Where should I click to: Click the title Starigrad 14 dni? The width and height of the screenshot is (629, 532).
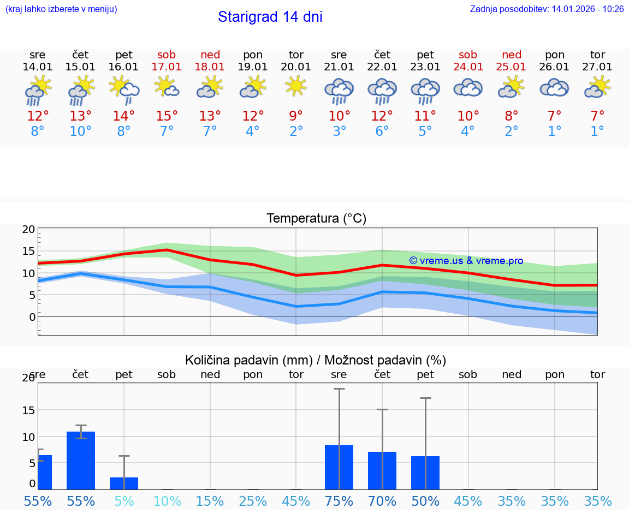pos(270,17)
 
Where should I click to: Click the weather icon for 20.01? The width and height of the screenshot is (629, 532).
pos(296,86)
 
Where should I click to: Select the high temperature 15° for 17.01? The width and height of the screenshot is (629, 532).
pos(167,116)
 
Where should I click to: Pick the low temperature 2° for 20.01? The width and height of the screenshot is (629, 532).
pos(296,131)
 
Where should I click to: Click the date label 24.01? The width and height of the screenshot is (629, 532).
pos(468,67)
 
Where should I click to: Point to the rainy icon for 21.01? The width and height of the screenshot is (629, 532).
pos(339,90)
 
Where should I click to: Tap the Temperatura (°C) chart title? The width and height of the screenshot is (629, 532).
pos(316,219)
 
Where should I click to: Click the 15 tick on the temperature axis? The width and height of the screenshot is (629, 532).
pos(28,252)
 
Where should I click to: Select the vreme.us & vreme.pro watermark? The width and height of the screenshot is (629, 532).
pos(466,261)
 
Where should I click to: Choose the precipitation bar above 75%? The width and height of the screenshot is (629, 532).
pos(339,467)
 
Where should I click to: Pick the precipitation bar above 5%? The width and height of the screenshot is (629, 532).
pos(124,483)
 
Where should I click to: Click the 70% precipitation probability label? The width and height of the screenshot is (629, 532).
pos(382,501)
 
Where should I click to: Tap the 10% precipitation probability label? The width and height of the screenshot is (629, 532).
pos(167,501)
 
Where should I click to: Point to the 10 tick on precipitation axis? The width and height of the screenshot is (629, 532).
pos(28,437)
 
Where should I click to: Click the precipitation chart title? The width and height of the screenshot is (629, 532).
pos(316,360)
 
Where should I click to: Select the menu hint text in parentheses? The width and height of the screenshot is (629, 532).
pos(61,9)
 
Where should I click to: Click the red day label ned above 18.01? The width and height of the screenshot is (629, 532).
pos(210,55)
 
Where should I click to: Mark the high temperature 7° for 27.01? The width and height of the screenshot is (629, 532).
pos(597,116)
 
